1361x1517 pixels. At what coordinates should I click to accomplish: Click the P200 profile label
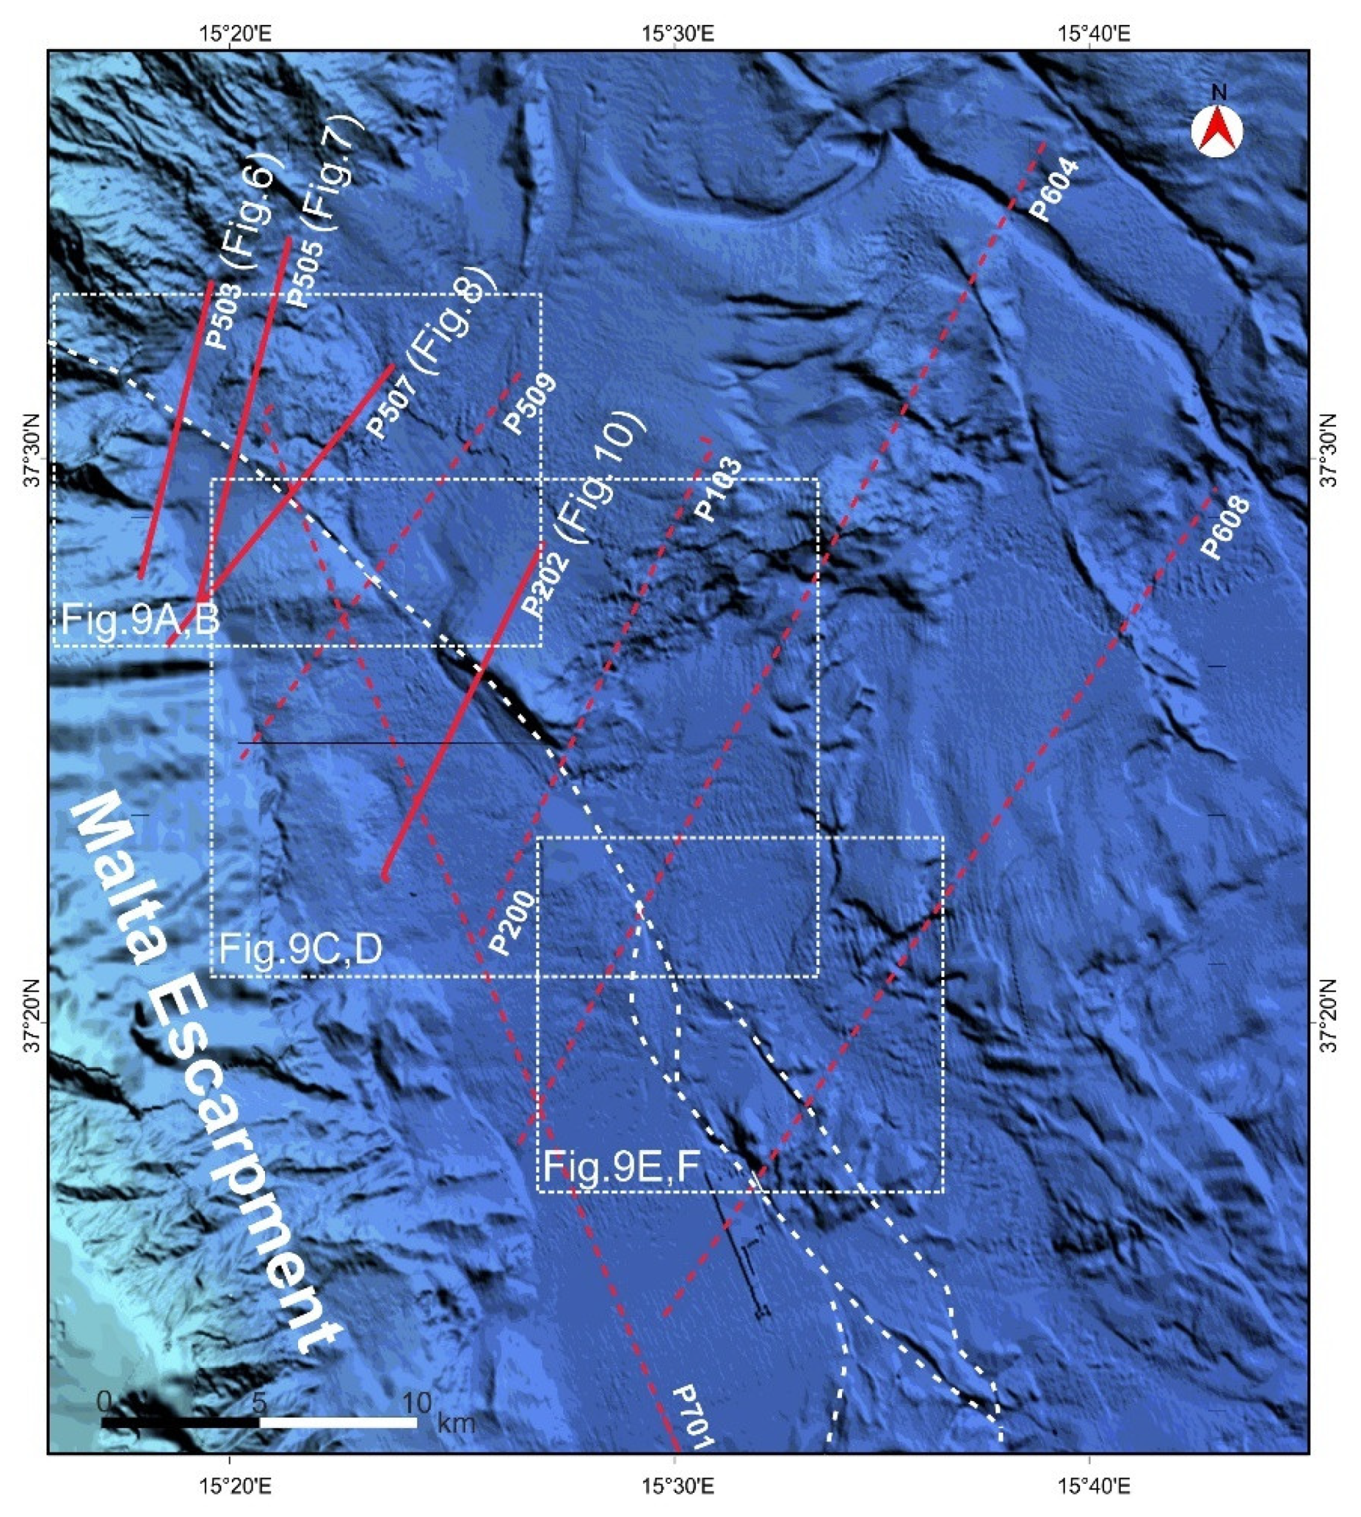(x=512, y=922)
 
